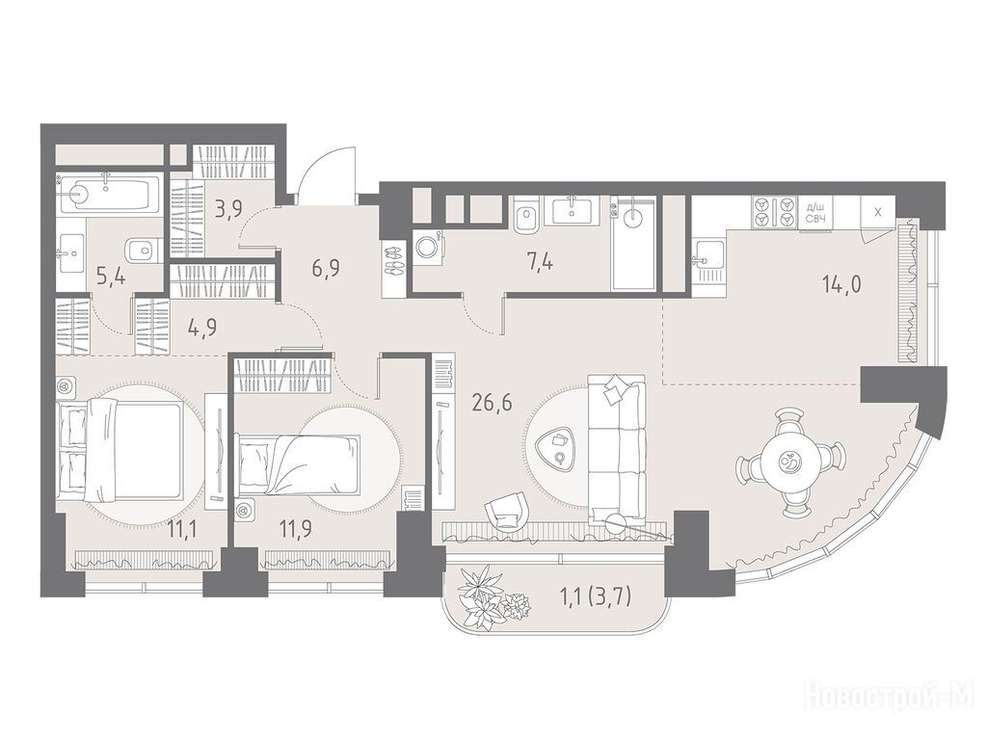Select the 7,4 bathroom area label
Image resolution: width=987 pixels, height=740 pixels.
click(x=540, y=260)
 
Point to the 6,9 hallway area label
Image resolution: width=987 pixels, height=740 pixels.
click(x=326, y=271)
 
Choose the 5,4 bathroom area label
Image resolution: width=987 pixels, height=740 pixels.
click(x=110, y=276)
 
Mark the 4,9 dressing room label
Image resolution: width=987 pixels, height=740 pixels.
click(x=202, y=328)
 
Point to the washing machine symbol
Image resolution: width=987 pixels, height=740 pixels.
click(x=429, y=247)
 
